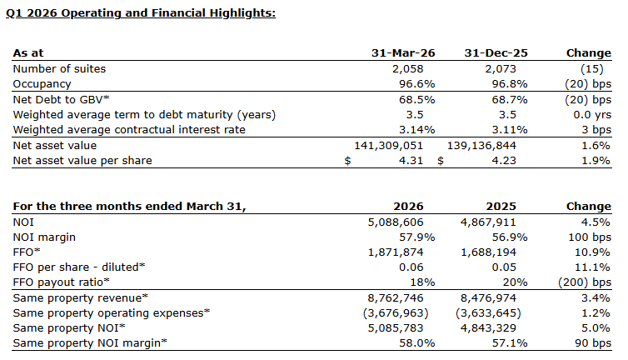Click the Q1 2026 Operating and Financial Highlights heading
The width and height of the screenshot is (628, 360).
click(141, 13)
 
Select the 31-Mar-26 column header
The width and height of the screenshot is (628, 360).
click(403, 53)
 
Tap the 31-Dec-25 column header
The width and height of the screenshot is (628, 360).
click(496, 53)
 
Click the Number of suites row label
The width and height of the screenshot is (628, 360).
click(59, 69)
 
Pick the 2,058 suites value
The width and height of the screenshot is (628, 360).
click(408, 69)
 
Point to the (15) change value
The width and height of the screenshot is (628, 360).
click(591, 69)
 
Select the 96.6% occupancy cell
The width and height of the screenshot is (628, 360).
click(417, 84)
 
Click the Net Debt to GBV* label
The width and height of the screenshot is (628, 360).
click(61, 99)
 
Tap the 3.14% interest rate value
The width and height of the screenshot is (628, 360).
click(417, 130)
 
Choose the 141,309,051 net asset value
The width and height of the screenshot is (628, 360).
click(388, 146)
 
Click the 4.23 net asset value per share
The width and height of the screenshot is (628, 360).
click(504, 161)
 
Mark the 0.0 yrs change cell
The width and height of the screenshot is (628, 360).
click(592, 115)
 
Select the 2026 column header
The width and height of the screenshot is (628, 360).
click(408, 207)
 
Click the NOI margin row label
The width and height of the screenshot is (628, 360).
click(44, 237)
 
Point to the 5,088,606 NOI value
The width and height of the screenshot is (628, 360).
click(396, 222)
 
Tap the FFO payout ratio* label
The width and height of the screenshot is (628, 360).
click(61, 282)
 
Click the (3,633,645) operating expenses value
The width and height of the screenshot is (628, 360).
click(488, 313)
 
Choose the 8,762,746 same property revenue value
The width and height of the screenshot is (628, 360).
click(396, 298)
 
